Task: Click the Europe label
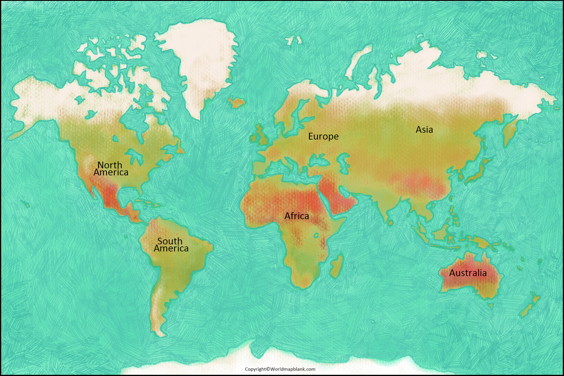[x=323, y=136]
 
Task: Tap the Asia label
[x=424, y=130]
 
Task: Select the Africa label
[x=296, y=216]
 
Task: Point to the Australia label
[x=468, y=273]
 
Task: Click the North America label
[x=111, y=169]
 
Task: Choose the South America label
[x=171, y=245]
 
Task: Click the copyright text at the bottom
[x=280, y=369]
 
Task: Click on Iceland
[x=236, y=103]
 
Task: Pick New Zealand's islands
[x=530, y=307]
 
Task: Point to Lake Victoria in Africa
[x=316, y=235]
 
